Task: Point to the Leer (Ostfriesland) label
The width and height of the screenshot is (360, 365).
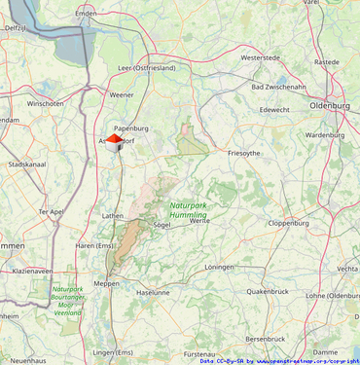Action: click(x=146, y=68)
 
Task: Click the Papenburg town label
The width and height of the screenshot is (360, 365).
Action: click(x=130, y=128)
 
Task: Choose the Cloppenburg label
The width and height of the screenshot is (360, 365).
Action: click(x=288, y=223)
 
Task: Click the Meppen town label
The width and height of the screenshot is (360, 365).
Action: click(x=106, y=283)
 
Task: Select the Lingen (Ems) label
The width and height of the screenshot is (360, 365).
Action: click(x=113, y=351)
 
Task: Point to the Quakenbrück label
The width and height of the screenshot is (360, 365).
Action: click(x=268, y=290)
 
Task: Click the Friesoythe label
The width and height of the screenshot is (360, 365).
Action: click(x=243, y=153)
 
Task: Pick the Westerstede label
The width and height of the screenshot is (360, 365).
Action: click(x=260, y=57)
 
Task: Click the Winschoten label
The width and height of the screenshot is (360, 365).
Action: click(x=45, y=103)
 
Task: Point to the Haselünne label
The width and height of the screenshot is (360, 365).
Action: click(x=153, y=292)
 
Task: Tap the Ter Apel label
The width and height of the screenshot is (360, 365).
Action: click(x=51, y=211)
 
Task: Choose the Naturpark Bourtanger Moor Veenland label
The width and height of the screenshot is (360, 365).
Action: click(x=67, y=301)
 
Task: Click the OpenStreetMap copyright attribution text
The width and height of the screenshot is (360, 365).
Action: click(x=279, y=360)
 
